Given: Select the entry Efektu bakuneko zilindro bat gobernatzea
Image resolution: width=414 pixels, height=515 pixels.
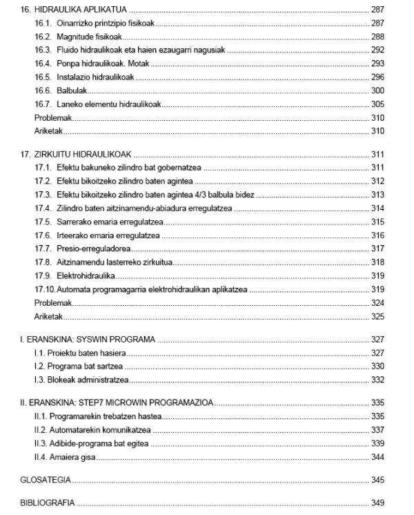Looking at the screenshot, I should click(121, 168).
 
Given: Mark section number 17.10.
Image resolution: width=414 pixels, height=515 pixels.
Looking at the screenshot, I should click(45, 289).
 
